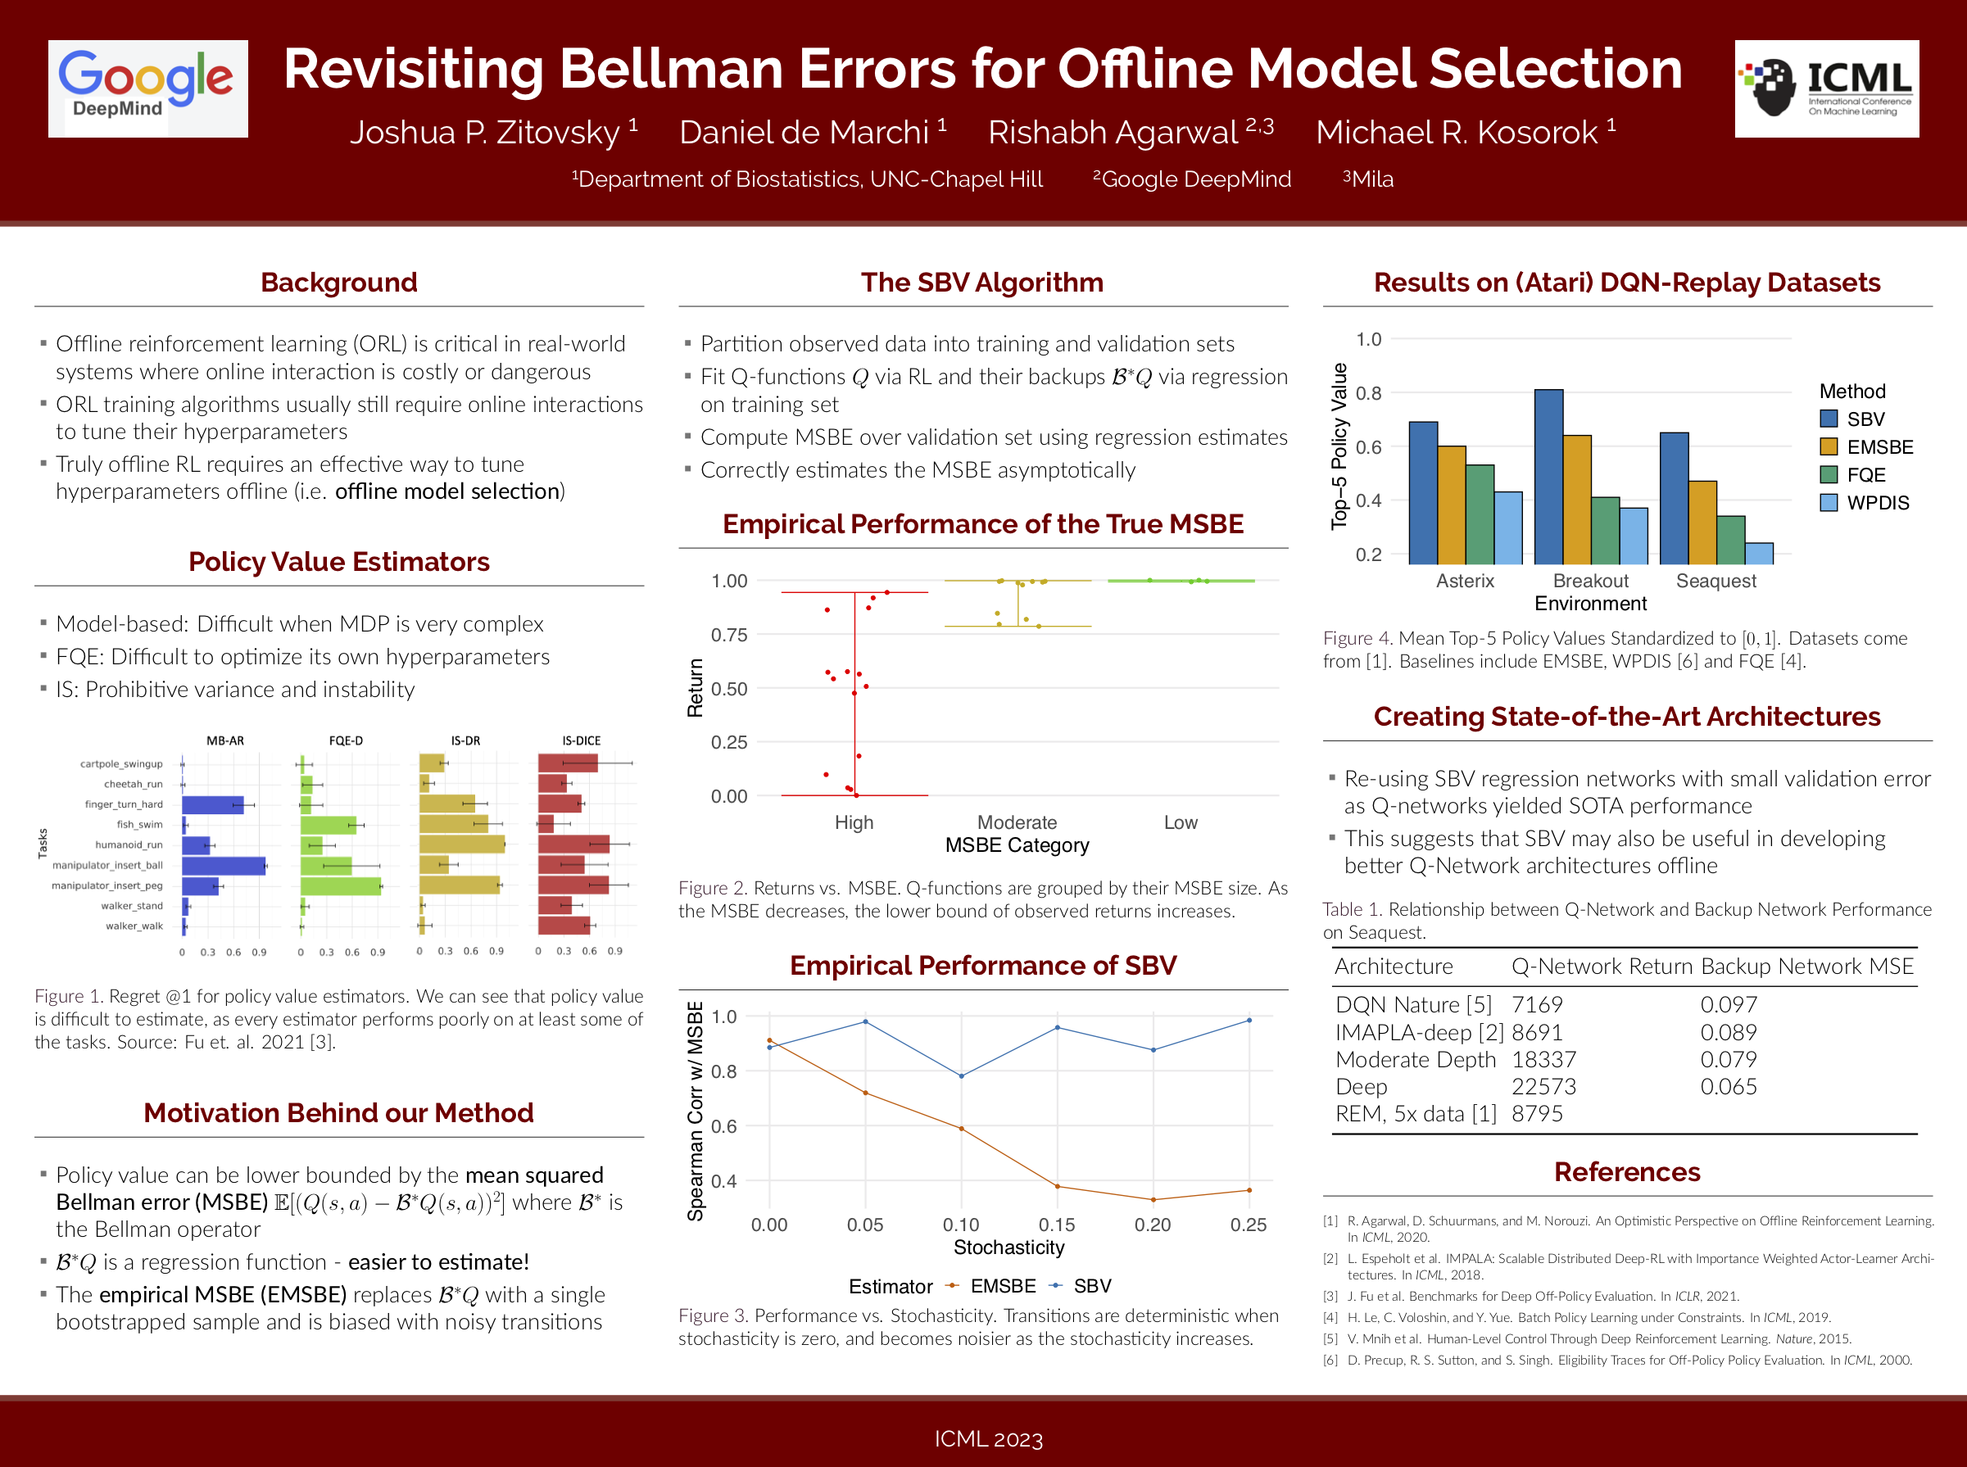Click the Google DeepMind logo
[x=147, y=88]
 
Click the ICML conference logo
[x=1826, y=88]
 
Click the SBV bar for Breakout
[x=1548, y=476]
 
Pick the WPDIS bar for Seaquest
[x=1758, y=552]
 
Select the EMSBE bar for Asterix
[x=1451, y=505]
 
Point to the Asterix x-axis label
[x=1464, y=581]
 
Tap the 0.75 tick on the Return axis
[x=729, y=635]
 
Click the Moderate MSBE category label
[x=1017, y=822]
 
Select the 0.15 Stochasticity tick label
[x=1057, y=1225]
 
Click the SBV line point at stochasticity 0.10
[x=961, y=1076]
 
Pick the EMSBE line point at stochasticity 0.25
[x=1249, y=1190]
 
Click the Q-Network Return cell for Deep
[x=1543, y=1086]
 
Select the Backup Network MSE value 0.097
[x=1728, y=1004]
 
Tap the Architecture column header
[x=1394, y=967]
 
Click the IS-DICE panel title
[x=581, y=740]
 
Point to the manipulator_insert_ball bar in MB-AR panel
[x=224, y=865]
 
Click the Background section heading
[x=338, y=283]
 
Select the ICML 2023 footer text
[x=988, y=1438]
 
